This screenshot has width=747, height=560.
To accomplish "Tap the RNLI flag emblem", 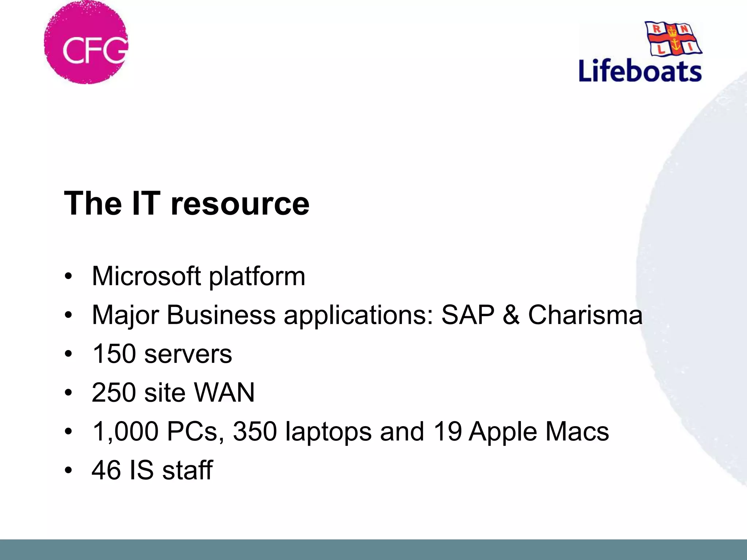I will coord(673,39).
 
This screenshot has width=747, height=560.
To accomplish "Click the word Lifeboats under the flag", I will coord(640,71).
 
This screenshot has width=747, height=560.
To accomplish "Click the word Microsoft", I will coord(146,276).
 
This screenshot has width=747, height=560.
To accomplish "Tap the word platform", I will coord(257,277).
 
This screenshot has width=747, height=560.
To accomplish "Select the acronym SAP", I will coord(468,315).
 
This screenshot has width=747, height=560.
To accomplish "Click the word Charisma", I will coord(585,315).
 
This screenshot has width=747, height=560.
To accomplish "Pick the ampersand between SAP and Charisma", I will coord(511,315).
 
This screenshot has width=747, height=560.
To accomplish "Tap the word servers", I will coord(188,354).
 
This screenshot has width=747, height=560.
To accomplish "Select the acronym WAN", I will coord(224,393).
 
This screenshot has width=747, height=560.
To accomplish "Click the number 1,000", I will coord(125,432).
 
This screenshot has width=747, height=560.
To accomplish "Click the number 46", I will coord(106,470).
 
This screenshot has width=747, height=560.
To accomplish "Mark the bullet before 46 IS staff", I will coord(68,470).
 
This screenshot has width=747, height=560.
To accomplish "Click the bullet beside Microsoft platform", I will coord(68,276).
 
